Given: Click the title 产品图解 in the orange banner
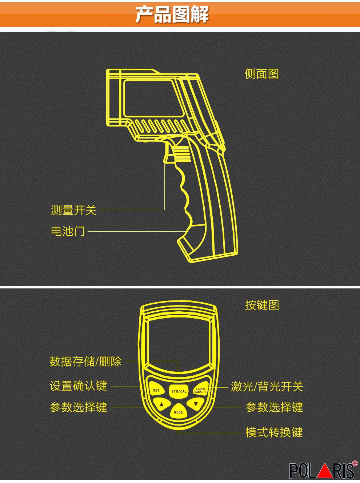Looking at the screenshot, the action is (x=172, y=15).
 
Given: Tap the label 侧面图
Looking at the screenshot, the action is (x=262, y=74).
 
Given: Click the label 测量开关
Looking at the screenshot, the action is (x=73, y=210).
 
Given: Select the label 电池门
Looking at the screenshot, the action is (x=68, y=231).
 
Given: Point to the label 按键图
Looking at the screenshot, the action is (x=262, y=305).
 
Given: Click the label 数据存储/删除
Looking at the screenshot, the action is (x=85, y=361).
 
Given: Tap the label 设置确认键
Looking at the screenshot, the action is (x=79, y=386).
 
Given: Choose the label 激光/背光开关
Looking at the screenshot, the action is (x=267, y=387).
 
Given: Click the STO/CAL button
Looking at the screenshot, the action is (x=179, y=391).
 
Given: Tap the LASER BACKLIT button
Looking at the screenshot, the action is (x=200, y=390).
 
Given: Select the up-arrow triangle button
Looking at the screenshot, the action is (x=162, y=404).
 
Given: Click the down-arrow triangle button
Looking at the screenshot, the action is (x=196, y=404).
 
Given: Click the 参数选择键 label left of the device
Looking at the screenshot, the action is (x=79, y=407).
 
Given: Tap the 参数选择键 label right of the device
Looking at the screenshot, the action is (x=275, y=407).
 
